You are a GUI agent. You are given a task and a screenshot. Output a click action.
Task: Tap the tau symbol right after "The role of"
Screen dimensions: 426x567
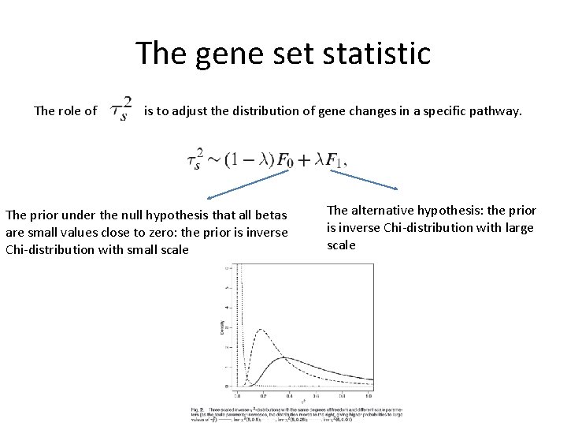[x=120, y=110]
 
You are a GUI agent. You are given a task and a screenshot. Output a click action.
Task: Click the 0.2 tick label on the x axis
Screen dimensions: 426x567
[x=261, y=395]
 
